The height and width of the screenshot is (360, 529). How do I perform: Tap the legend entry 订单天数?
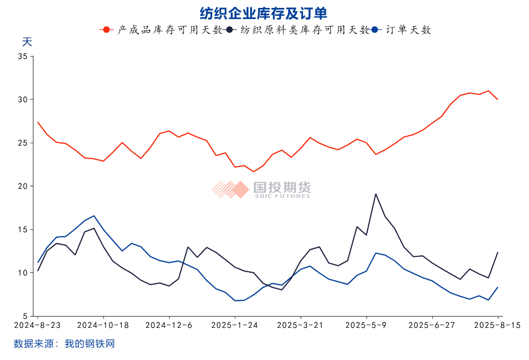tap(408, 30)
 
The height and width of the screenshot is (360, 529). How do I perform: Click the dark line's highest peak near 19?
tap(376, 194)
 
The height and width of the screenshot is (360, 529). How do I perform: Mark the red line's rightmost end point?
tap(498, 99)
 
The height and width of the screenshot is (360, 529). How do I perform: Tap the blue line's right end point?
tap(498, 287)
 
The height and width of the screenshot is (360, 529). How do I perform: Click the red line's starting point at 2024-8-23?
tap(38, 122)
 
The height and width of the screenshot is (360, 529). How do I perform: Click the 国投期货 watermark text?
tap(281, 187)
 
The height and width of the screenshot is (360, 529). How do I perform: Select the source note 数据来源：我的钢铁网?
tap(64, 344)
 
